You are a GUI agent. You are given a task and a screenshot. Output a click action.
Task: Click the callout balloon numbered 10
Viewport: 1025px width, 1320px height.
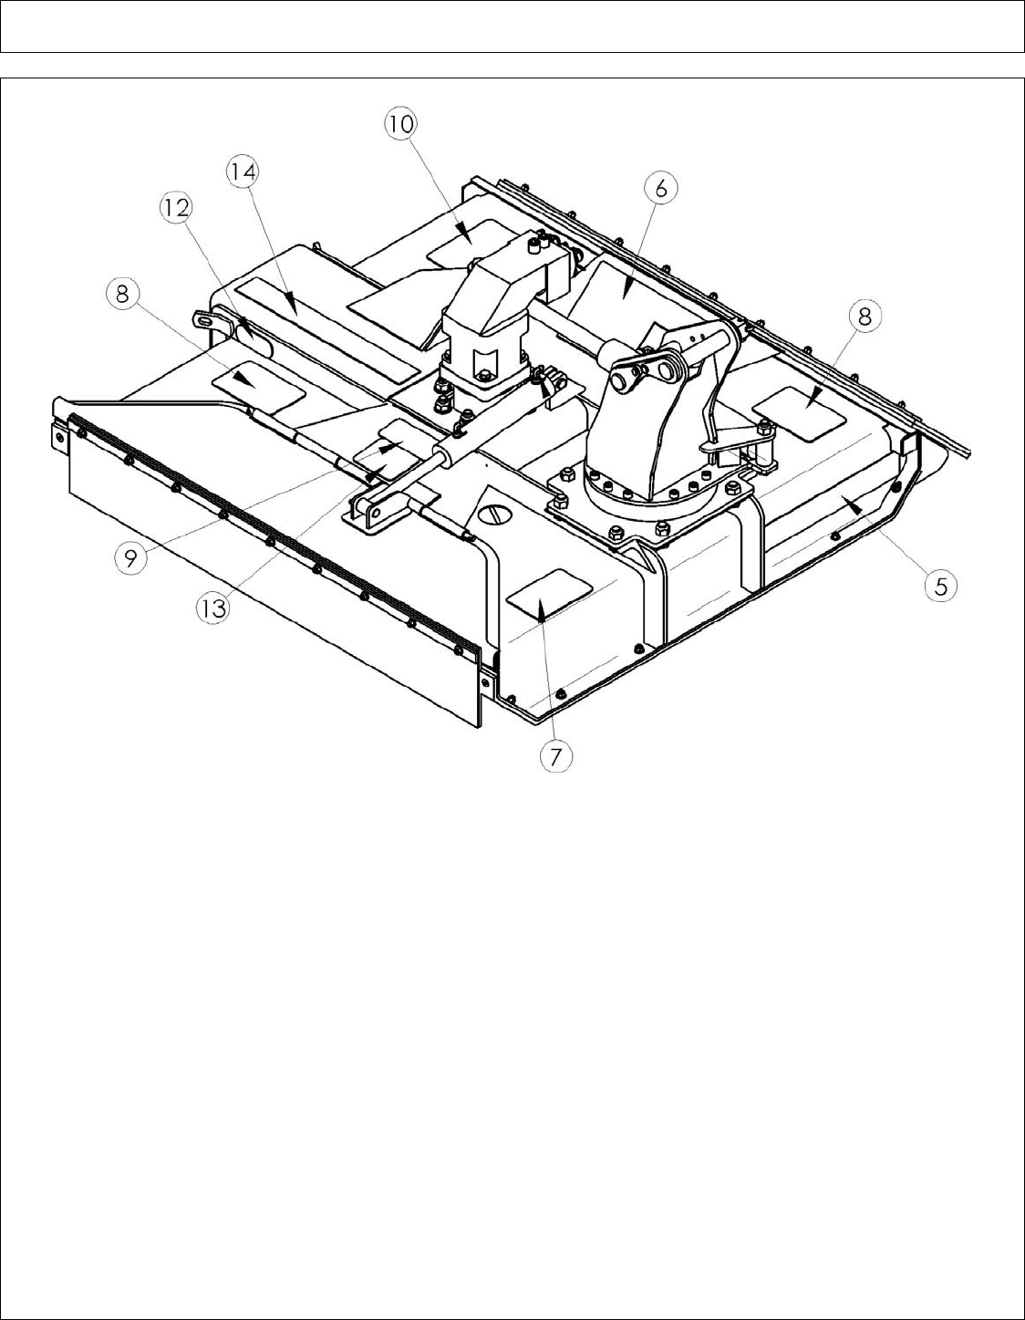coord(400,124)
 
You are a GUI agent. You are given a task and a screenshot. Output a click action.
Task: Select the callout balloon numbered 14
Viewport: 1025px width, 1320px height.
coord(244,171)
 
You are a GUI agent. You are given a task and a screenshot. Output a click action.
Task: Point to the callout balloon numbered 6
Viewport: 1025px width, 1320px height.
coord(660,189)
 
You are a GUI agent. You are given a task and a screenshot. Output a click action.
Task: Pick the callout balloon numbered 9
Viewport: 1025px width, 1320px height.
coord(131,557)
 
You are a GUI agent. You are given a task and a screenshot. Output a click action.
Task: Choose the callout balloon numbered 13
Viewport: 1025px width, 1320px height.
coord(212,608)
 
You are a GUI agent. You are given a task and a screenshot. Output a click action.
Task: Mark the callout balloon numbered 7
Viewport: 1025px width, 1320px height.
coord(556,755)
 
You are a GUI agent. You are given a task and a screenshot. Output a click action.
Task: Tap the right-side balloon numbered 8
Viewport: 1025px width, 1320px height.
coord(865,316)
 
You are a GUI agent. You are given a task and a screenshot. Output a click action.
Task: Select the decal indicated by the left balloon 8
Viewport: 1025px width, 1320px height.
coord(258,387)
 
